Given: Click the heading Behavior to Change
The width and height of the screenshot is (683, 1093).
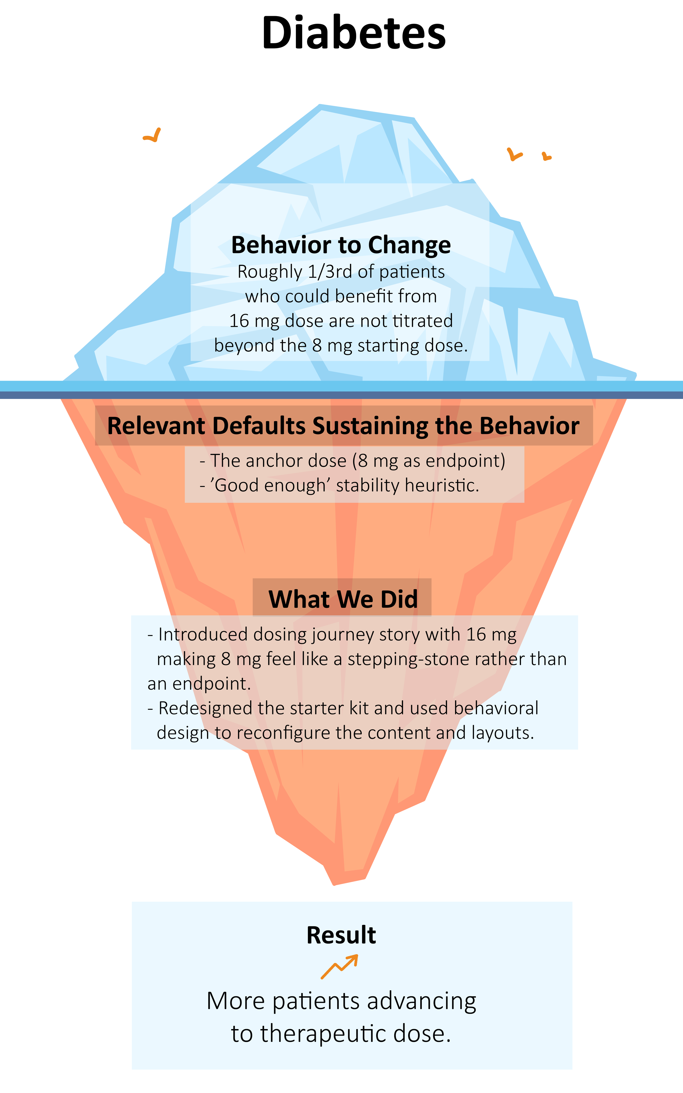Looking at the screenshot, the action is coord(341,245).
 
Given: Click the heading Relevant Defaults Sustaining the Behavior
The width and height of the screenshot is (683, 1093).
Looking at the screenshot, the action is coord(343,426).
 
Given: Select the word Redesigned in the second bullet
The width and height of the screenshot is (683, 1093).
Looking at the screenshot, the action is coord(205,708).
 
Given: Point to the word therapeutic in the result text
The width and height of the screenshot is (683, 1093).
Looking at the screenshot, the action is coord(323,1033).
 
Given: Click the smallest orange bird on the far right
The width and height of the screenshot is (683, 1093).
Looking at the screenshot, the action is coord(547,157).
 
